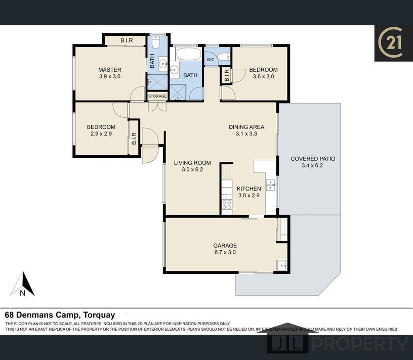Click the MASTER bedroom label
(x=109, y=70)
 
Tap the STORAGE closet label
(x=157, y=96)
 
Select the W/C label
(x=211, y=60)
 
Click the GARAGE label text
(x=225, y=246)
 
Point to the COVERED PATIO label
(x=313, y=159)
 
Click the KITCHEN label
(x=249, y=189)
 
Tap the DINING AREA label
(x=246, y=127)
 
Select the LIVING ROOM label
(x=192, y=163)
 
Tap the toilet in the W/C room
(x=225, y=57)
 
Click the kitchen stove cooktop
(x=227, y=204)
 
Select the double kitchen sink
(x=270, y=185)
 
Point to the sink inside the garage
(x=282, y=265)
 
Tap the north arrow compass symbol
(x=23, y=284)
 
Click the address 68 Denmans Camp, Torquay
(x=60, y=314)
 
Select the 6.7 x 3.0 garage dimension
(x=225, y=252)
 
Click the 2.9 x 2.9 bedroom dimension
(x=101, y=133)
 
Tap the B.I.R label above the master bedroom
(x=127, y=40)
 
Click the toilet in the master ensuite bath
(x=156, y=42)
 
